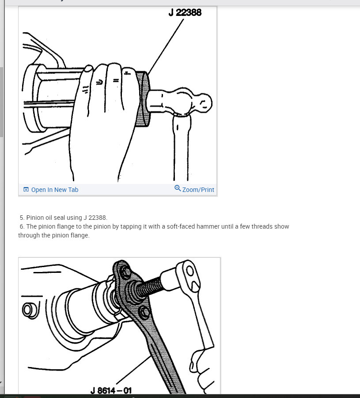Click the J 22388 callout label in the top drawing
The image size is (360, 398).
(x=185, y=12)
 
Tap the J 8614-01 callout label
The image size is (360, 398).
(x=111, y=390)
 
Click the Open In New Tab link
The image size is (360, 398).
(x=54, y=190)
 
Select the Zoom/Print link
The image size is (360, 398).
(x=198, y=190)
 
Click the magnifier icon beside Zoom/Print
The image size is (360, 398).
(x=178, y=188)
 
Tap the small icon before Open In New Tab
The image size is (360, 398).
(x=26, y=190)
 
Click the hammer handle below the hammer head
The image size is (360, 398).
(x=180, y=146)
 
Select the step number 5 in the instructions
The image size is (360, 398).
(x=21, y=218)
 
